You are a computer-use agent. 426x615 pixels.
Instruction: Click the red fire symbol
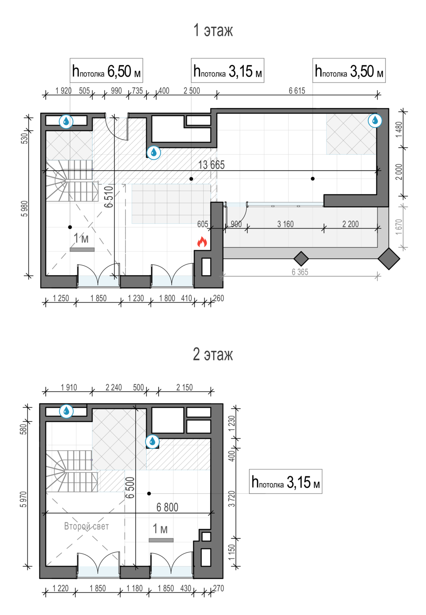(202, 242)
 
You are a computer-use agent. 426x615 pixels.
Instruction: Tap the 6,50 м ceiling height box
(106, 70)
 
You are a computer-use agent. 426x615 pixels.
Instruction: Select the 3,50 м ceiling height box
(349, 70)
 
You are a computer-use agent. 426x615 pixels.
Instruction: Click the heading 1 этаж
(213, 30)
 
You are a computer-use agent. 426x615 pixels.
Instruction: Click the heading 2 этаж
(213, 354)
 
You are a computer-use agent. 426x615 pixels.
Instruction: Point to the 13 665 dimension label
(211, 165)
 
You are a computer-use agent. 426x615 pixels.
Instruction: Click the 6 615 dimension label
(297, 91)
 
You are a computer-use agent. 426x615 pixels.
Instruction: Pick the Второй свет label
(87, 526)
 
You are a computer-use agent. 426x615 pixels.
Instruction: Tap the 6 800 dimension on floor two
(167, 507)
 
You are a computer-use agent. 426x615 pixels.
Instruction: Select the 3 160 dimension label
(285, 224)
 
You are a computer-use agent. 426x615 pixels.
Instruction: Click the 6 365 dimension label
(300, 272)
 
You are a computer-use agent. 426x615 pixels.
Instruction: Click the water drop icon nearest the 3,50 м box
(375, 120)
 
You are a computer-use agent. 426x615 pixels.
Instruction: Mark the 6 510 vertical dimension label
(109, 196)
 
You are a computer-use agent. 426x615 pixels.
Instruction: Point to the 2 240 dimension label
(114, 387)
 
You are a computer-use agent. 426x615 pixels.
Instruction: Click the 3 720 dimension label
(232, 499)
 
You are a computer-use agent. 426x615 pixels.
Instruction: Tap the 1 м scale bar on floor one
(82, 250)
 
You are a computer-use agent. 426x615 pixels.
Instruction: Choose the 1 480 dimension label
(399, 130)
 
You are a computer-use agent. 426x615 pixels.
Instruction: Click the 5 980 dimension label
(25, 209)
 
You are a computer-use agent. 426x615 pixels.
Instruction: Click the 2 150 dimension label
(185, 387)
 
